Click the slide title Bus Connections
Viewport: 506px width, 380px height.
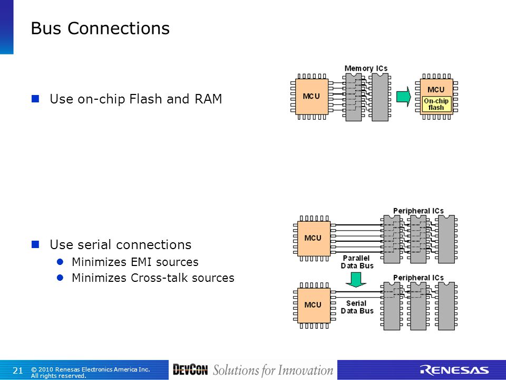[x=100, y=28]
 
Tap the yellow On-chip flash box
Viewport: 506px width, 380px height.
[x=436, y=104]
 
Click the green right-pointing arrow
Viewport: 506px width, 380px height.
[x=403, y=96]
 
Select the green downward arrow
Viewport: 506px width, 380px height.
[x=356, y=280]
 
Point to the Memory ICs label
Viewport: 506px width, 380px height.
[x=366, y=68]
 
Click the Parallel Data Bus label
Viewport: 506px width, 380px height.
[x=357, y=262]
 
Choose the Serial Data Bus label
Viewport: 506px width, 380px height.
[x=357, y=307]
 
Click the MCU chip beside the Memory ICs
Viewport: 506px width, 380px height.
[x=312, y=96]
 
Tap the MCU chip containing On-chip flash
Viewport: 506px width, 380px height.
[x=436, y=96]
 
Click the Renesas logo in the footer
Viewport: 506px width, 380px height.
[x=454, y=370]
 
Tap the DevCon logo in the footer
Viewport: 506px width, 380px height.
[x=190, y=370]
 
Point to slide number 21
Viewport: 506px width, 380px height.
[x=17, y=370]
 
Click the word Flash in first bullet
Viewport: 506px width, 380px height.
[x=145, y=99]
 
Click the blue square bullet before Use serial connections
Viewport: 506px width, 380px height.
[x=35, y=244]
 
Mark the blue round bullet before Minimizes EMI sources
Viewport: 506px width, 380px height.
[x=60, y=262]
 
